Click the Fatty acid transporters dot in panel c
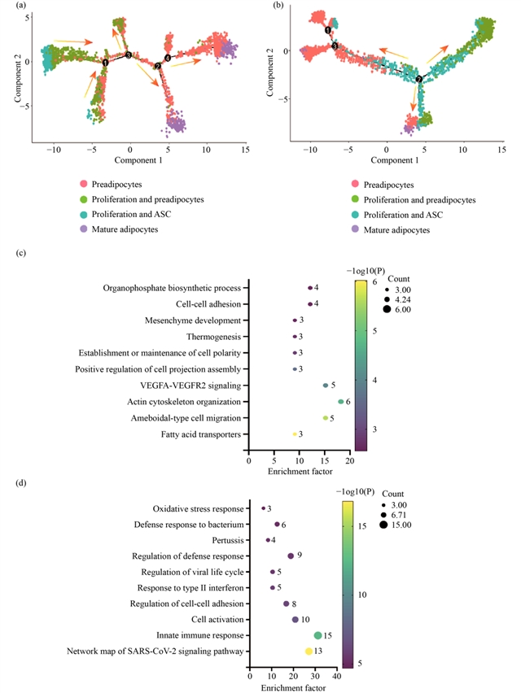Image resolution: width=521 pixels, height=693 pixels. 295,434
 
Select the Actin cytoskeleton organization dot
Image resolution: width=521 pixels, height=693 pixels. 340,402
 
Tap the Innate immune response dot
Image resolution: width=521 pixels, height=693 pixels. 318,635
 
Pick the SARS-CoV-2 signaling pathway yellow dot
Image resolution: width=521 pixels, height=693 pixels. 309,652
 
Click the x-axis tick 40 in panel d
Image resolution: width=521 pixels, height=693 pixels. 337,675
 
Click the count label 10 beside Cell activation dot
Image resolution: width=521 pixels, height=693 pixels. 306,620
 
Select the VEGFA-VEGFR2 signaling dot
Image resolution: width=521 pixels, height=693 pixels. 326,386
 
